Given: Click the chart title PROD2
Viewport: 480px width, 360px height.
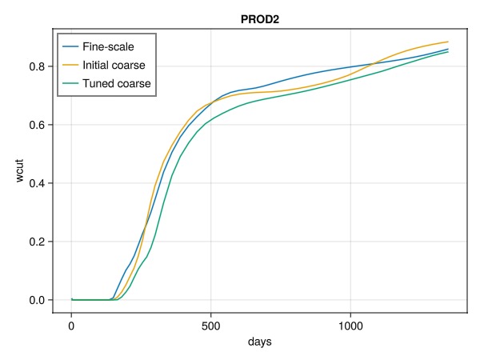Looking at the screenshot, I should point(260,18).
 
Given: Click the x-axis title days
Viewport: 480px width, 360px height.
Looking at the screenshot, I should point(260,342).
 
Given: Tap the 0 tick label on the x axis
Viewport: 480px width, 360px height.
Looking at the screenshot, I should point(71,326).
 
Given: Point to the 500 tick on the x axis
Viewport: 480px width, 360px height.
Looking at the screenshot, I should point(210,326).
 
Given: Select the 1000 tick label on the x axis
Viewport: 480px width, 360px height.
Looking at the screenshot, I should point(350,326).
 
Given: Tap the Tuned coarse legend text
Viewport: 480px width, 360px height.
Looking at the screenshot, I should point(122,82).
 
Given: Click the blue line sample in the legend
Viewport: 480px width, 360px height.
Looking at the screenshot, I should point(76,47).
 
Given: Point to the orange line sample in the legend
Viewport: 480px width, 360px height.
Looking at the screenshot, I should point(76,65).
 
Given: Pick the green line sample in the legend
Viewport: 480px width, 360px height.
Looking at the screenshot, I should point(76,82).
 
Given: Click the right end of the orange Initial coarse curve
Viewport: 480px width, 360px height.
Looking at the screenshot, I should point(448,42).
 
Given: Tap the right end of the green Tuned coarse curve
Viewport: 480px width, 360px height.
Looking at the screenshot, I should point(448,52).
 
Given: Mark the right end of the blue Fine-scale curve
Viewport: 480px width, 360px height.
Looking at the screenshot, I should point(448,49).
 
